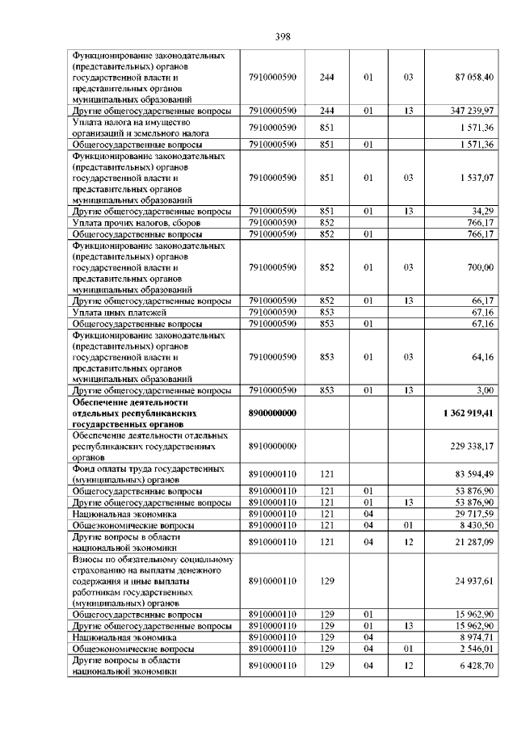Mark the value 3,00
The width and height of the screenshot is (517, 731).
pos(485,390)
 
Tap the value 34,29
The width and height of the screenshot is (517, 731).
pos(483,211)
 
